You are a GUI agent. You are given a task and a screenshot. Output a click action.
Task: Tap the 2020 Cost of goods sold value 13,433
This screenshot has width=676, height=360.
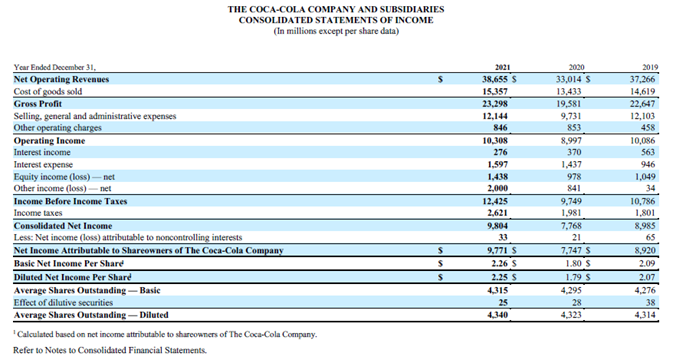[570, 90]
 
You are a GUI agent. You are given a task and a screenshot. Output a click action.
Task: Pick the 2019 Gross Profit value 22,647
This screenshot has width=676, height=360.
[645, 101]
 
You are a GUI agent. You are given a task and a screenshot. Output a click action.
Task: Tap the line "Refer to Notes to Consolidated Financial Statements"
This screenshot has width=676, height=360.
[109, 350]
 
